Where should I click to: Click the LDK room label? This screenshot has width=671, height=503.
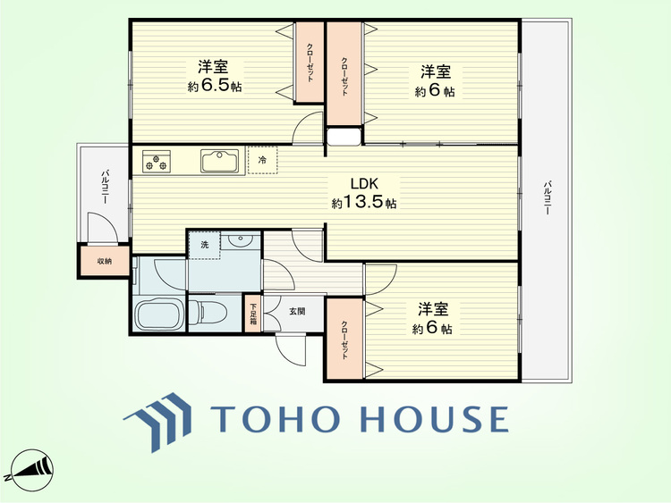pyautogui.click(x=364, y=184)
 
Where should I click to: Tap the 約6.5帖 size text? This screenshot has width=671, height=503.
pyautogui.click(x=215, y=86)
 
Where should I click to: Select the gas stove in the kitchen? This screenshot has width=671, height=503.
pyautogui.click(x=157, y=161)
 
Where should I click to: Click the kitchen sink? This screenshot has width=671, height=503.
pyautogui.click(x=220, y=161)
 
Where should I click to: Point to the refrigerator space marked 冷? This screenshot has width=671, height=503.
pyautogui.click(x=262, y=160)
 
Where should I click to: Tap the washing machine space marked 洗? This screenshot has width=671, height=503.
pyautogui.click(x=205, y=245)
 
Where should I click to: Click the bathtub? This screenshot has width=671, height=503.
pyautogui.click(x=159, y=314)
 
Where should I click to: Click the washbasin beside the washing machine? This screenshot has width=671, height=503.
pyautogui.click(x=240, y=241)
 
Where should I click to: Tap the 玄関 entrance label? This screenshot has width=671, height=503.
pyautogui.click(x=296, y=311)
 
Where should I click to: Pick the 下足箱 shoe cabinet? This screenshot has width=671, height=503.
pyautogui.click(x=253, y=314)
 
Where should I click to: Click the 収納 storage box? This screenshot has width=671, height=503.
pyautogui.click(x=104, y=261)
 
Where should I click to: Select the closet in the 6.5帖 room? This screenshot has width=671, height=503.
pyautogui.click(x=310, y=63)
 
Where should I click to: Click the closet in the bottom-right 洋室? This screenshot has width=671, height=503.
pyautogui.click(x=345, y=339)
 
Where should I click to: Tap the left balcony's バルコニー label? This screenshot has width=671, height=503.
pyautogui.click(x=104, y=187)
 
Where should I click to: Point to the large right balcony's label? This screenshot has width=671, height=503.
pyautogui.click(x=547, y=197)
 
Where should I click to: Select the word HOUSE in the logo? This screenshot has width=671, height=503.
pyautogui.click(x=434, y=418)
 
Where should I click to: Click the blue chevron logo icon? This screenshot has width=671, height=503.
pyautogui.click(x=158, y=422)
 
